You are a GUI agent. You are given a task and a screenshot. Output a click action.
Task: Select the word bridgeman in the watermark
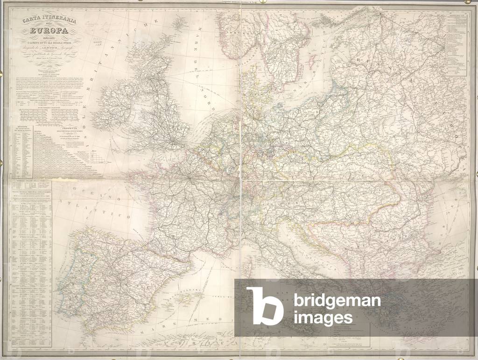coord(337,301)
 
